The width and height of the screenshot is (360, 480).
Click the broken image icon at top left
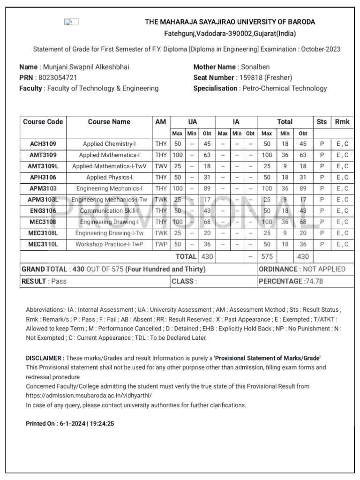(x=71, y=22)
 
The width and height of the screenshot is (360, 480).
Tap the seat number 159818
(x=250, y=77)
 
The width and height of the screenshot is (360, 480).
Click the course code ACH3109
(x=43, y=144)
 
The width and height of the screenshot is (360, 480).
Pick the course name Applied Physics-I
(x=109, y=178)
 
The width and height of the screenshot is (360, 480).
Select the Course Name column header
(x=109, y=122)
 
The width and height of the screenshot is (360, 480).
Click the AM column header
(x=161, y=122)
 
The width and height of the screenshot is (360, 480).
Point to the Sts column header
(x=322, y=122)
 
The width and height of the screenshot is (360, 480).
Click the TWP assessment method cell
(x=161, y=244)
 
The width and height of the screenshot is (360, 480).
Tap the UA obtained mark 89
(x=207, y=189)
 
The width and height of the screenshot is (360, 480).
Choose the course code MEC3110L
(x=43, y=244)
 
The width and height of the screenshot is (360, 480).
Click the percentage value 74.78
(x=314, y=281)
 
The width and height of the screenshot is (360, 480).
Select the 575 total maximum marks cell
(x=267, y=256)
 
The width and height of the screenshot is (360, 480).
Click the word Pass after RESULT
(x=59, y=281)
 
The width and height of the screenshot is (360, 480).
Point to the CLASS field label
(x=183, y=281)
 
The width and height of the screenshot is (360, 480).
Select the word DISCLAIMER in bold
(x=45, y=358)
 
